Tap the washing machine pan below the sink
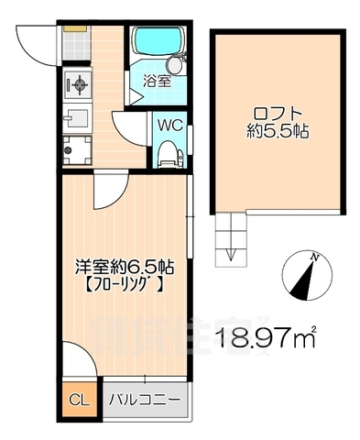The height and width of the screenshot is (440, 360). pos(77,148)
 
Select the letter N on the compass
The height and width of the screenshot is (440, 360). pos(313,258)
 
